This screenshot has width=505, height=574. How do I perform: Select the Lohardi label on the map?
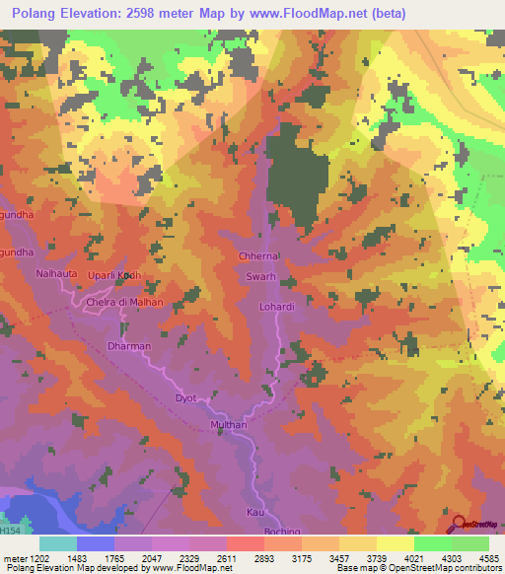tap(277, 307)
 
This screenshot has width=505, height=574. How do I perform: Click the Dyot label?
tap(185, 397)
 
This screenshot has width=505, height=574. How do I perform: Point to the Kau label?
tap(253, 514)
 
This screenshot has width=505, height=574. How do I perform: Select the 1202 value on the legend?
tap(39, 559)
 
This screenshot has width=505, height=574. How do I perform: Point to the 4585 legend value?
tap(487, 559)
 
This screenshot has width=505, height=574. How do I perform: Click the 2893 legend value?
tap(263, 559)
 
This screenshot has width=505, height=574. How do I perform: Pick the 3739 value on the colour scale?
tap(376, 559)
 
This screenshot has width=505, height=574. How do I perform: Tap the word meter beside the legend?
tap(15, 559)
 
